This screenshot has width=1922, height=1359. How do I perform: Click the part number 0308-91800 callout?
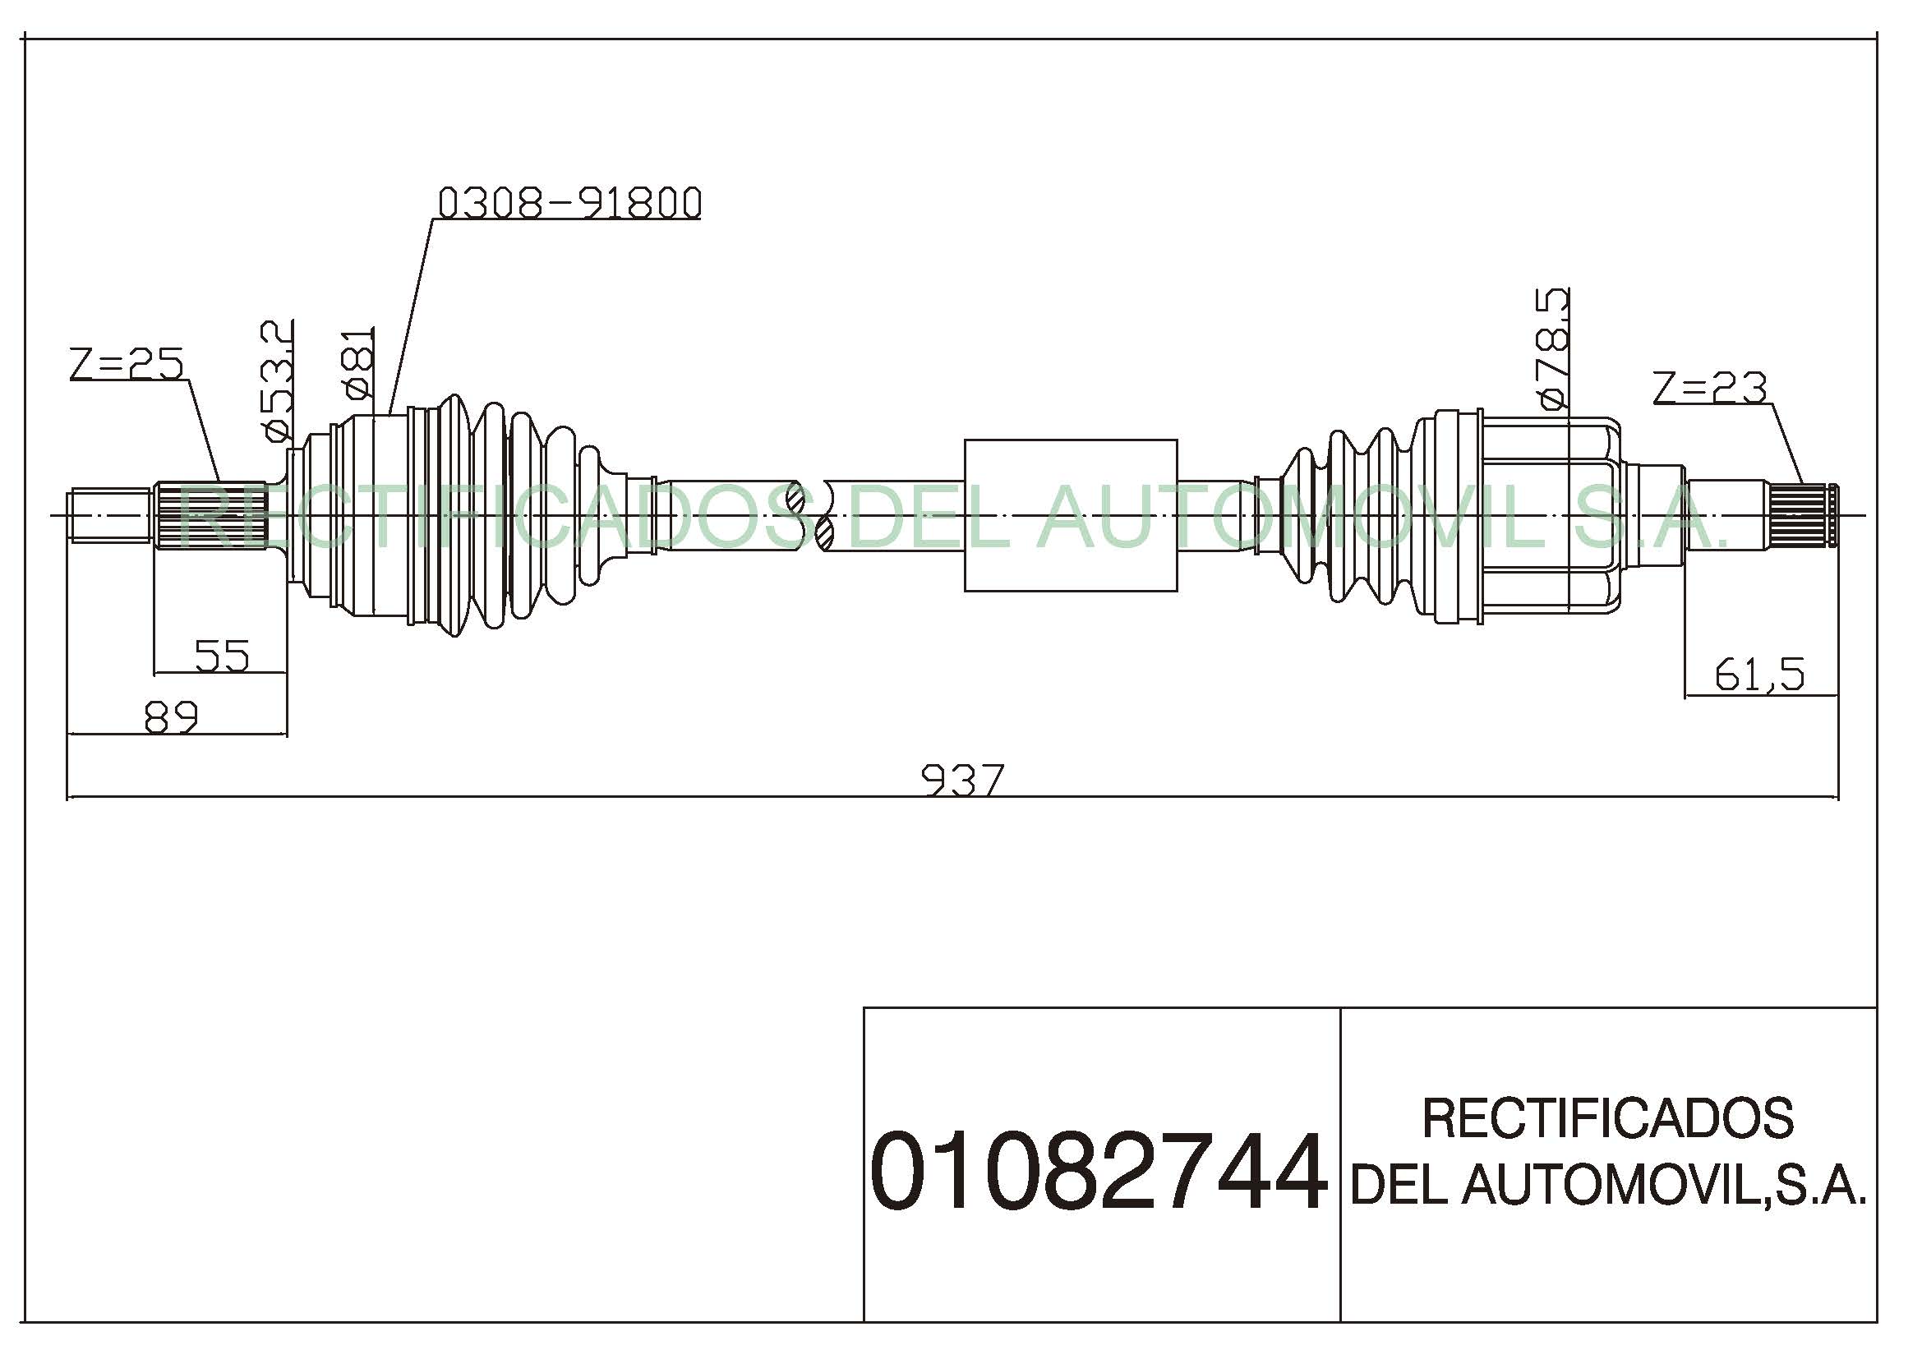click(x=569, y=202)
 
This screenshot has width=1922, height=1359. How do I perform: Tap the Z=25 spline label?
click(x=127, y=363)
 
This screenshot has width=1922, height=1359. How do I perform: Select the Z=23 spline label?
click(x=1709, y=388)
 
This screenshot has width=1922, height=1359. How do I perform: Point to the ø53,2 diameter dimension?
click(x=277, y=380)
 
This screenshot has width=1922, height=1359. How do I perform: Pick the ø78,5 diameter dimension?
click(x=1552, y=349)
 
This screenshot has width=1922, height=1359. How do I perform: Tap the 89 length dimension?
click(x=172, y=717)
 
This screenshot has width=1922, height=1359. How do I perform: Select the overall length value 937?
click(x=962, y=780)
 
